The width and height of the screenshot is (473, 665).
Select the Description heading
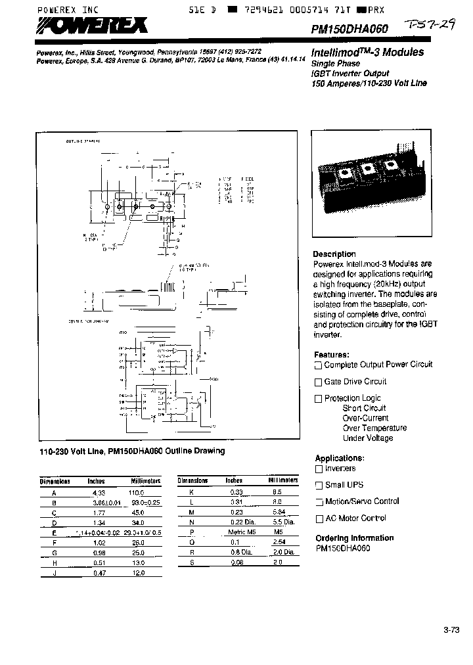[x=334, y=254]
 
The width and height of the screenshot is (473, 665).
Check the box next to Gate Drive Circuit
[x=319, y=382]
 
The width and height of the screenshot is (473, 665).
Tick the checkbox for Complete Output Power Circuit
[x=319, y=365]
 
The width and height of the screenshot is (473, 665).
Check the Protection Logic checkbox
[x=319, y=398]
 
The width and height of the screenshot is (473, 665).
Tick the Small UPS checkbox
[x=319, y=485]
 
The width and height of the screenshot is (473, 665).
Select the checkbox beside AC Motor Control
[x=319, y=518]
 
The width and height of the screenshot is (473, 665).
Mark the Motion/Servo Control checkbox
[x=319, y=502]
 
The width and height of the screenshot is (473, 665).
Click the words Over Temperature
[x=374, y=428]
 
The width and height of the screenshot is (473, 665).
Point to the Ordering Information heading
[x=354, y=538]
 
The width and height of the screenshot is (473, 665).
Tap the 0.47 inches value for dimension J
[x=96, y=573]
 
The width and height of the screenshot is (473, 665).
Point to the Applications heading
[x=339, y=458]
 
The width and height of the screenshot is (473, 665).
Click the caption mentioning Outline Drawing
[x=132, y=451]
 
